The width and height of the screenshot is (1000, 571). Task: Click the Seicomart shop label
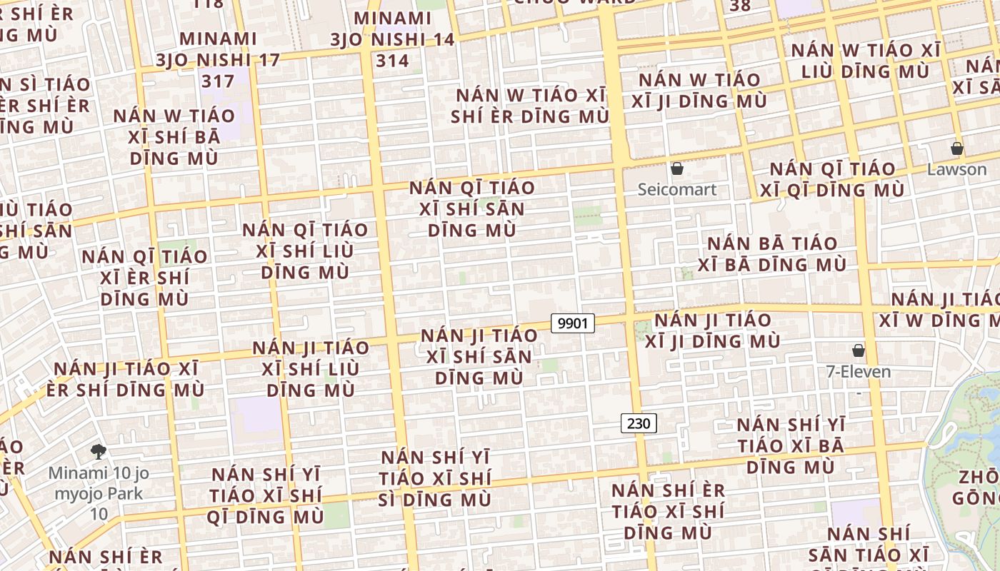676,190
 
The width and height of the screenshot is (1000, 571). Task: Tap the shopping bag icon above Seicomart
677,169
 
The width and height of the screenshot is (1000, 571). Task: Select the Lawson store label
956,170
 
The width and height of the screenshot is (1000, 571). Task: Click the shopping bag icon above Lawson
957,149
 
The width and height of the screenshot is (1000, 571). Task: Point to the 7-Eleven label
858,371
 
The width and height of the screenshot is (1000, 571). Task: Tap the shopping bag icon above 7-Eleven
859,350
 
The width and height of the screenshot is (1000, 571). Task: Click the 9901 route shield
573,323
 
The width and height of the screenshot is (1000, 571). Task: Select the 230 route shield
638,423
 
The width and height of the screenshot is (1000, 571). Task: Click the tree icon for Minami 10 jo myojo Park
99,451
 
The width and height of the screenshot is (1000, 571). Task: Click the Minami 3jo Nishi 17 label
219,59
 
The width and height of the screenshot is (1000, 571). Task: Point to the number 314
393,61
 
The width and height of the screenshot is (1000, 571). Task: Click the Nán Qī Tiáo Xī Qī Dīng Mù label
832,179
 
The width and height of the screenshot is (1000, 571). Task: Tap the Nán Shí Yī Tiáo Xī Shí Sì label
436,478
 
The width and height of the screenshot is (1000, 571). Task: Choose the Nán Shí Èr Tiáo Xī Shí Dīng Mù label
668,511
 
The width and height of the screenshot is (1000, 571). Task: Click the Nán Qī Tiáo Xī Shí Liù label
305,251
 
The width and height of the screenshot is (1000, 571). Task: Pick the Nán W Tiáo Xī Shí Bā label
174,136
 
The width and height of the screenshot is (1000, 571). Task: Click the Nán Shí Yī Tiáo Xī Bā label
791,445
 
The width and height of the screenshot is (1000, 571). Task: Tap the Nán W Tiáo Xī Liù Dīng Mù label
865,61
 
